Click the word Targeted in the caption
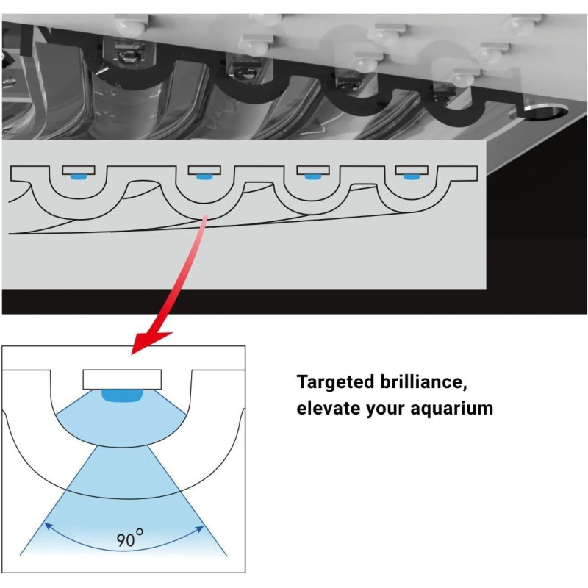335,382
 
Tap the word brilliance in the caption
424,381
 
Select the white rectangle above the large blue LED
122,379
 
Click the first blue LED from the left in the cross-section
79,176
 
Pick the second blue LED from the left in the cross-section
204,176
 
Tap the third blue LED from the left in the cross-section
312,176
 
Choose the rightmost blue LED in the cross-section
411,176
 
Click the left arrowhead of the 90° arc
48,526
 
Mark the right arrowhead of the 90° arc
200,529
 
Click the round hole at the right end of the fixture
545,112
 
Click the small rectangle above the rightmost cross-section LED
412,171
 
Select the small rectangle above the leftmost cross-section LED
79,171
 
